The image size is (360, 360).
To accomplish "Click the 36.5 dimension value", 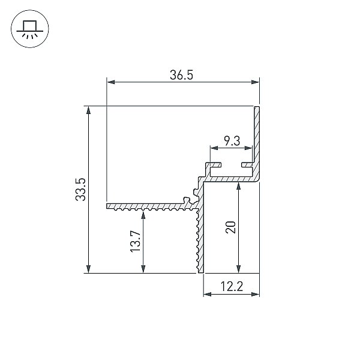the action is point(181,75).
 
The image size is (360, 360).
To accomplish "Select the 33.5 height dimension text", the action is point(80,190).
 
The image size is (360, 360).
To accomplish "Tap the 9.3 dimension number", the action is point(232,141).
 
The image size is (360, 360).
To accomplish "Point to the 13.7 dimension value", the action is point(136,242).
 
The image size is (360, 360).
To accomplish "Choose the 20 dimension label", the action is point(231,227).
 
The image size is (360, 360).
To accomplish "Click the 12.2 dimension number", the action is point(232,286).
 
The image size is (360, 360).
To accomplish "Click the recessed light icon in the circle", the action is point(30,29).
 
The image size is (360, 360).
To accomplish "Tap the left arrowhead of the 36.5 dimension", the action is point(111,82).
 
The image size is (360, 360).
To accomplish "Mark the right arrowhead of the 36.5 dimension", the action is point(255,82).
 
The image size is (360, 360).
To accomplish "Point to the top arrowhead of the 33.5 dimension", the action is point(88,110).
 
